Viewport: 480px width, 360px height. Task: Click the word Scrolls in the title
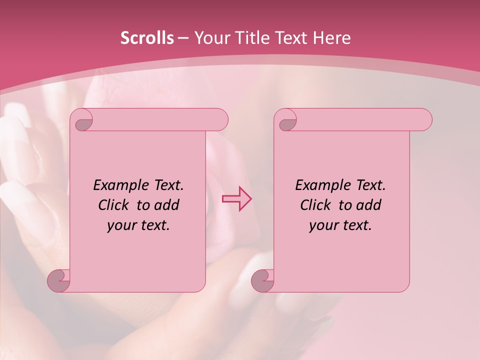pos(147,38)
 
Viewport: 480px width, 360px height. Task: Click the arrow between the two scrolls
pos(236,198)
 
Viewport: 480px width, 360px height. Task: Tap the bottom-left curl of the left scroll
pos(59,280)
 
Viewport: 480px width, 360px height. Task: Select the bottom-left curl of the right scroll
pos(262,280)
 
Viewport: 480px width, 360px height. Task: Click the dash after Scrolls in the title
pos(183,38)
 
